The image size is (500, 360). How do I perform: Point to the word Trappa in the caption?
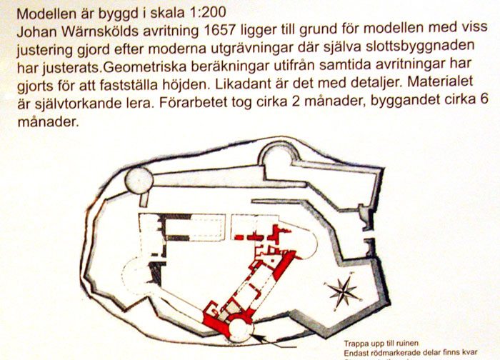pyautogui.click(x=359, y=341)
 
